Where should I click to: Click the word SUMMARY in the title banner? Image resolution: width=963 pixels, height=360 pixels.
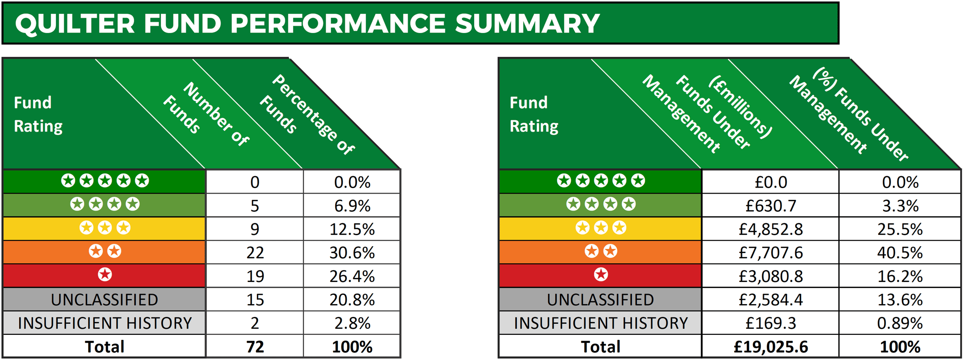pos(527,23)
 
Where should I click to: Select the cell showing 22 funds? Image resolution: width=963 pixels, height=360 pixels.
pos(255,253)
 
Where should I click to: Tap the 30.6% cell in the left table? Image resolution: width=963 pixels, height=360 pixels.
pos(352,253)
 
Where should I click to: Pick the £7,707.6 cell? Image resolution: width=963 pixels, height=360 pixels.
pos(770,253)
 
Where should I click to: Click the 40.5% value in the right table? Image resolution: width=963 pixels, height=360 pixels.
pos(900,253)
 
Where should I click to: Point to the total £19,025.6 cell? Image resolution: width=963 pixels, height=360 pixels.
pos(770,347)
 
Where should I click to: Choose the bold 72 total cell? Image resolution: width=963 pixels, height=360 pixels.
pos(255,347)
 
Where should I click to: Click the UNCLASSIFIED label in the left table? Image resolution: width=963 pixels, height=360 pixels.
pos(105,299)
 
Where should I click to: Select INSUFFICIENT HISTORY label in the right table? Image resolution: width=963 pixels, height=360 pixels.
pos(600,323)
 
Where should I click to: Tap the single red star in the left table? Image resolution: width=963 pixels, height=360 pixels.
pos(105,275)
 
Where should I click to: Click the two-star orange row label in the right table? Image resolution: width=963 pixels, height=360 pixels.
pos(600,251)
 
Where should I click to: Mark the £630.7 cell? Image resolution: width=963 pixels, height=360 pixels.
pos(770,206)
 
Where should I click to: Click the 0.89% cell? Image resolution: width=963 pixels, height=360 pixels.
pos(900,323)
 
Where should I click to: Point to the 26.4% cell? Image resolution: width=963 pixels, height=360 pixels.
pos(352,276)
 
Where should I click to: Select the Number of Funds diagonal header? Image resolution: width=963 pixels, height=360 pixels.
pos(206,115)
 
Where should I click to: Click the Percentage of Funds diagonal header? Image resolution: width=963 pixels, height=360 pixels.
pos(307,115)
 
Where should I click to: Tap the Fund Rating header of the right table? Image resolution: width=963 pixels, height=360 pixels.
pos(534,114)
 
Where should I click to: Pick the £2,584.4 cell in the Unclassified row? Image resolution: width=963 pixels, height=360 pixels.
pos(770,299)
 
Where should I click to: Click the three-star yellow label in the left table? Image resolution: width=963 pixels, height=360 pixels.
pos(105,228)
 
